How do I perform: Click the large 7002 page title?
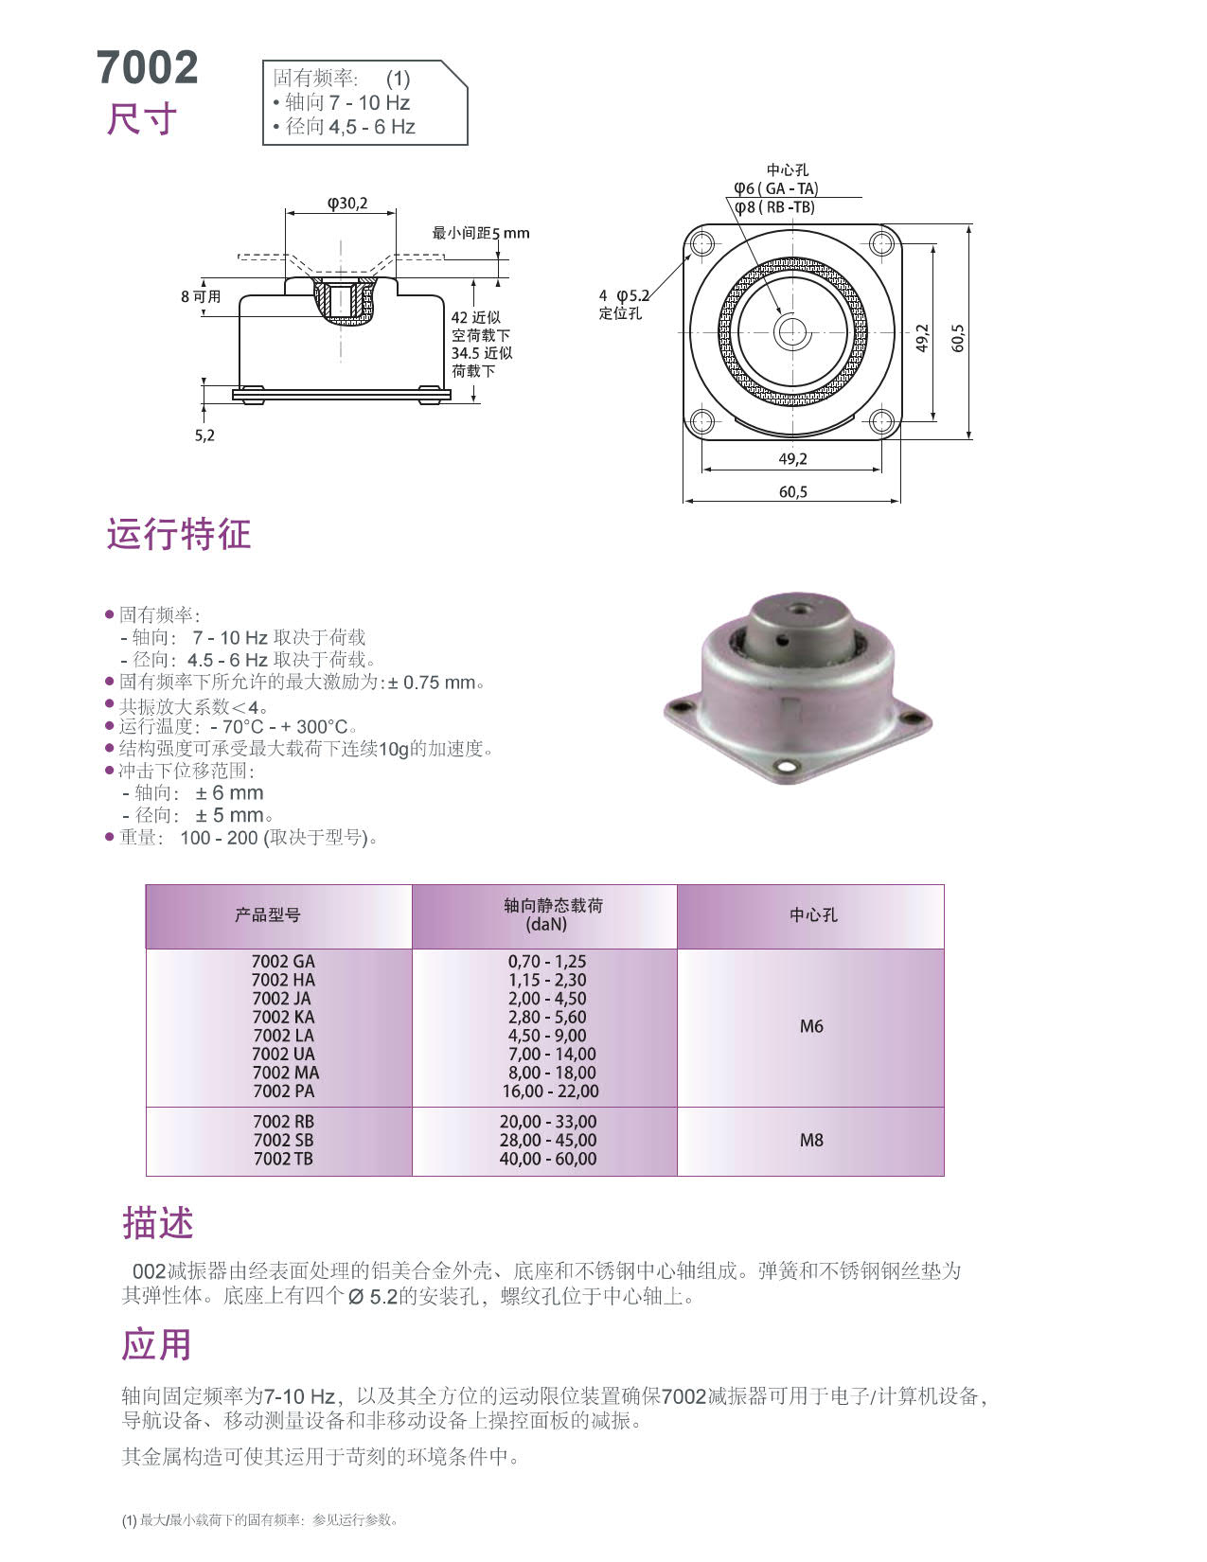pos(148,67)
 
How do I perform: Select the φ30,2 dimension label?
pos(347,204)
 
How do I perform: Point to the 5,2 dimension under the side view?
pos(204,435)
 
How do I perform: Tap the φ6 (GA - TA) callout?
pos(775,188)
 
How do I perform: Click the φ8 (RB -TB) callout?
pos(775,207)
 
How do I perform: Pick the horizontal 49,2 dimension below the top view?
pos(792,458)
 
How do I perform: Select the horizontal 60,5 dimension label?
pos(793,491)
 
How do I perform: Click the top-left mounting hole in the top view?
pos(701,243)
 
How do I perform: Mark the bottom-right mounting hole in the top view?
pos(881,420)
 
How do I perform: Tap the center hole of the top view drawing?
pos(791,332)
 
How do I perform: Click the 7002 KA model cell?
pos(283,1017)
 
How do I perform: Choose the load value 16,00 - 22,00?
pos(550,1091)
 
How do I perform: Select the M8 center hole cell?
pos(811,1140)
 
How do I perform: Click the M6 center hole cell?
pos(811,1026)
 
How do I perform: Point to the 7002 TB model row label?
pos(283,1158)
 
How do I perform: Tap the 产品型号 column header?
pos(267,914)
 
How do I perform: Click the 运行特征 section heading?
pos(179,534)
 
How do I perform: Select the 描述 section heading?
pos(157,1223)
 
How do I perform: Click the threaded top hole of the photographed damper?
pos(795,611)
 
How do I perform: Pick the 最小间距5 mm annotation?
pos(480,233)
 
